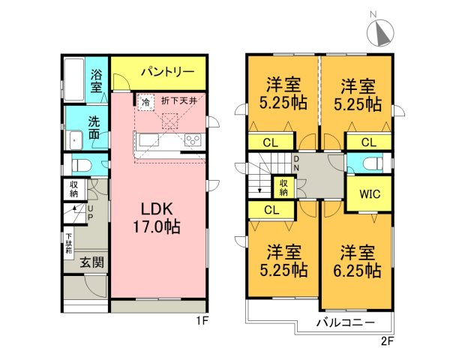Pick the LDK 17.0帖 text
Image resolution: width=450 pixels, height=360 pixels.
click(157, 215)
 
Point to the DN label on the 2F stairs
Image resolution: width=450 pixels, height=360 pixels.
click(296, 163)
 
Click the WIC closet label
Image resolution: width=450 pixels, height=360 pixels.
click(370, 194)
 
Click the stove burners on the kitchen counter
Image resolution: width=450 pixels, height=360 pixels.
click(191, 140)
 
